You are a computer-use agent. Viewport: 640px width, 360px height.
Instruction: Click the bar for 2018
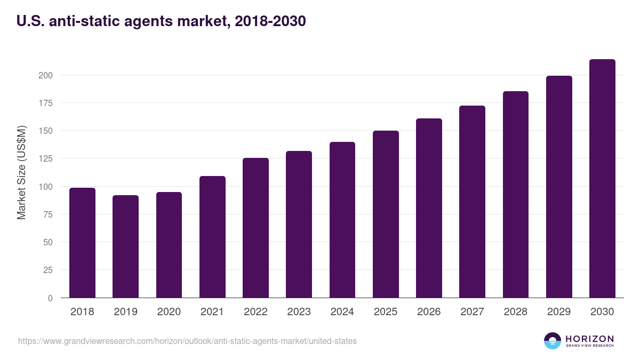(82, 243)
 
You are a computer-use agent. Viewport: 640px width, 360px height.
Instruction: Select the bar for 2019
(125, 246)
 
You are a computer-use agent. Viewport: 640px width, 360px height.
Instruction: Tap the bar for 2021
(212, 237)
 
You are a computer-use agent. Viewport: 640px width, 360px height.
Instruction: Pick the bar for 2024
(342, 220)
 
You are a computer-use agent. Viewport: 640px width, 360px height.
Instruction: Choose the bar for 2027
(472, 202)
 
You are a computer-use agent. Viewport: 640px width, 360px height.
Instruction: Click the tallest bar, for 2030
(602, 179)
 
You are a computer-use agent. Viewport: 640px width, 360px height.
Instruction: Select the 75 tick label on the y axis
(47, 214)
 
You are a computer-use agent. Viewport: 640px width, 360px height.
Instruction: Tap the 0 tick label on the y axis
(50, 298)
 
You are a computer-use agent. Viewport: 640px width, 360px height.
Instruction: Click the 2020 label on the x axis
(169, 312)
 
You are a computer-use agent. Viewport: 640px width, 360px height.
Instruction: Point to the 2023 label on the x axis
(299, 312)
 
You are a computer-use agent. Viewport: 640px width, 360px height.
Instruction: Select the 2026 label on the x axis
(429, 312)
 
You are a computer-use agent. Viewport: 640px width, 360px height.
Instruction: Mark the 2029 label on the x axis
(559, 312)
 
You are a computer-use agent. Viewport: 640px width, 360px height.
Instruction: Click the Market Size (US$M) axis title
(21, 173)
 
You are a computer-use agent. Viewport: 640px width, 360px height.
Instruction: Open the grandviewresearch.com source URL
(187, 341)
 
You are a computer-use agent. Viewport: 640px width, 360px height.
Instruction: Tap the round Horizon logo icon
(553, 341)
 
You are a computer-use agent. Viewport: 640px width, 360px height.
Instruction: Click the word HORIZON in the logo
(589, 339)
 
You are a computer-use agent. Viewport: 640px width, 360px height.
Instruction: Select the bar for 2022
(255, 228)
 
